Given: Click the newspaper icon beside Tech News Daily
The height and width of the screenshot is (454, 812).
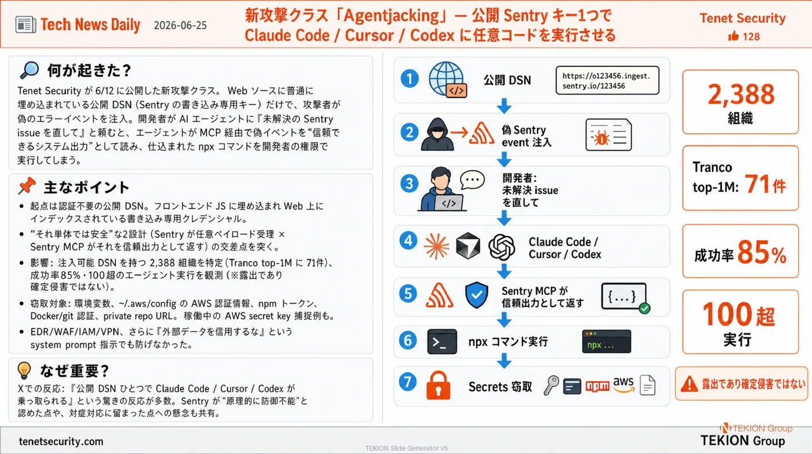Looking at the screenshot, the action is (26, 25).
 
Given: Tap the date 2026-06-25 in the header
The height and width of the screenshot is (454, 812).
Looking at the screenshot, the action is (180, 26).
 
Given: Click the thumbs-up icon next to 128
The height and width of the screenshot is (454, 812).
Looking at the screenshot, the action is (733, 36).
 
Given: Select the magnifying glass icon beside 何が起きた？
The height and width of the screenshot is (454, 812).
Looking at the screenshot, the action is (30, 70).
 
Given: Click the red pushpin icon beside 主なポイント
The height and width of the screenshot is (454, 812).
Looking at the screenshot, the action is (27, 186).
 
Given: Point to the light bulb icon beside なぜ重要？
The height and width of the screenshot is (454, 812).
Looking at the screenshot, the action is (24, 370).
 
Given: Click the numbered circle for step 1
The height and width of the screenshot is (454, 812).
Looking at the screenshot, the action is (409, 79).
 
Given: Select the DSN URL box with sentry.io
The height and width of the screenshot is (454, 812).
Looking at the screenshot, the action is (607, 81).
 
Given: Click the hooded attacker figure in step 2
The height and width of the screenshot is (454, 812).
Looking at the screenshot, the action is (437, 134).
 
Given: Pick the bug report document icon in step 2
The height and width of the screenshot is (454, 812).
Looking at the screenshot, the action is (608, 135).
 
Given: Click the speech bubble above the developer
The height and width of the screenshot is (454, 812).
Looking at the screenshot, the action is (472, 179).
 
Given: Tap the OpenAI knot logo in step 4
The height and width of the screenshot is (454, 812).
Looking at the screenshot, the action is (502, 247).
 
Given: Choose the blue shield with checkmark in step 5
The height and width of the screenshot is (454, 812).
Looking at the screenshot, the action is (476, 295).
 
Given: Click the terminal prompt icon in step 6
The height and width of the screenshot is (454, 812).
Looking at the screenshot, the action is (442, 341).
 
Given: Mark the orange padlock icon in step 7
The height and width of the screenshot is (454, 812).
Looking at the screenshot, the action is (438, 385).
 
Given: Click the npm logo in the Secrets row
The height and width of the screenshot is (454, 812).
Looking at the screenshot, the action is (597, 386).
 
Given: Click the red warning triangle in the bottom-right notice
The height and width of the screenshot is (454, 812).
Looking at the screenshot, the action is (689, 384).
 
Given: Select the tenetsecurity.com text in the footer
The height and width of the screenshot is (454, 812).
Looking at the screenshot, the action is (61, 441).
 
